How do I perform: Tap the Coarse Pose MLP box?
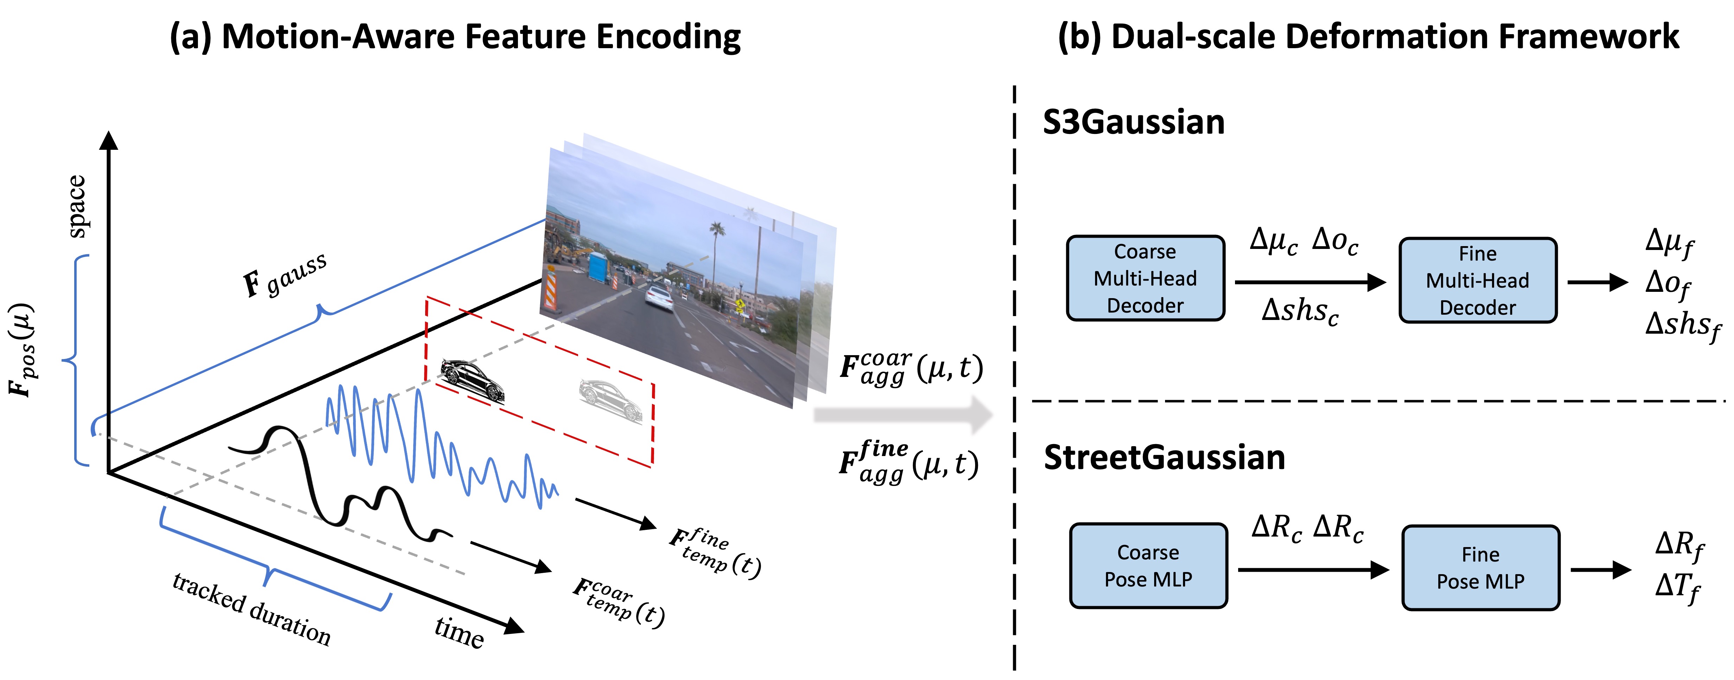(1148, 565)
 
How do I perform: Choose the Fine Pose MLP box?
(1481, 567)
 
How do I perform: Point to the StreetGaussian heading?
(1165, 458)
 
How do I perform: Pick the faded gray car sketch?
(610, 399)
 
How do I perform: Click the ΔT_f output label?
(1677, 587)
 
